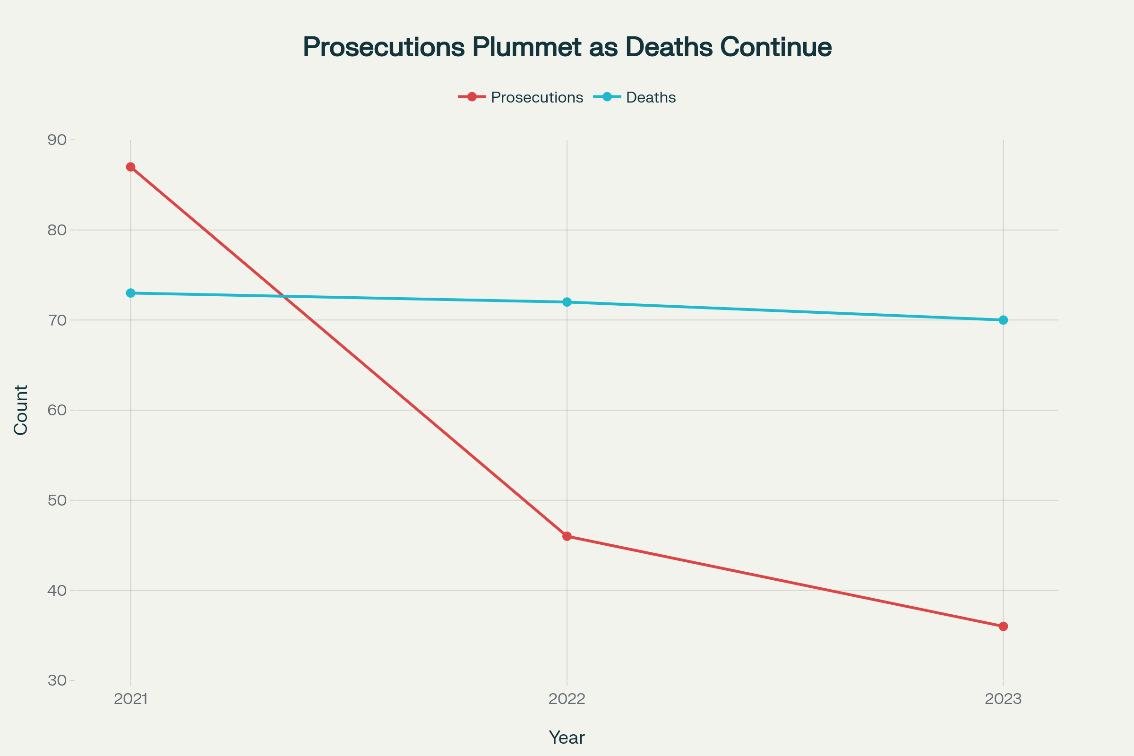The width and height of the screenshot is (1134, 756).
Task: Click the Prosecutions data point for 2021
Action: [131, 167]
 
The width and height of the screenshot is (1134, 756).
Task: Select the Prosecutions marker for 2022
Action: [567, 536]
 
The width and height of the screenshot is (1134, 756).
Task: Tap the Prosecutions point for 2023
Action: [1003, 627]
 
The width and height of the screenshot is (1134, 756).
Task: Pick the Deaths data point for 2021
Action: [131, 293]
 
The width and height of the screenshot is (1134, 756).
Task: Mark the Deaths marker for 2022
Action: [567, 302]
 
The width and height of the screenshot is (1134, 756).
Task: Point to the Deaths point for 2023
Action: [1003, 320]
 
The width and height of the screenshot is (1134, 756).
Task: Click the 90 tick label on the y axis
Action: [57, 140]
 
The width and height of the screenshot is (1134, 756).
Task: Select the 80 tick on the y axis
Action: [57, 230]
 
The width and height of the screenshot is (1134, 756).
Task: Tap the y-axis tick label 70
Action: [57, 320]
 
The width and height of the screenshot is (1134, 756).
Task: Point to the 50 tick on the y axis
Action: [57, 500]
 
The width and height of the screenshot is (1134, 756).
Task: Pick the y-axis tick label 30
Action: [57, 680]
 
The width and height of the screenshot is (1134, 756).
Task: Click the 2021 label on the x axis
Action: [131, 699]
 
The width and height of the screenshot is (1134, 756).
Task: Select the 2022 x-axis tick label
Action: [567, 699]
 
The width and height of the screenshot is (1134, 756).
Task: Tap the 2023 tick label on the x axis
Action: [1003, 699]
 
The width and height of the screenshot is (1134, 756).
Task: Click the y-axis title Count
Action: [21, 410]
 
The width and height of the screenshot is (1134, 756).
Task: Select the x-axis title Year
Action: [567, 738]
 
